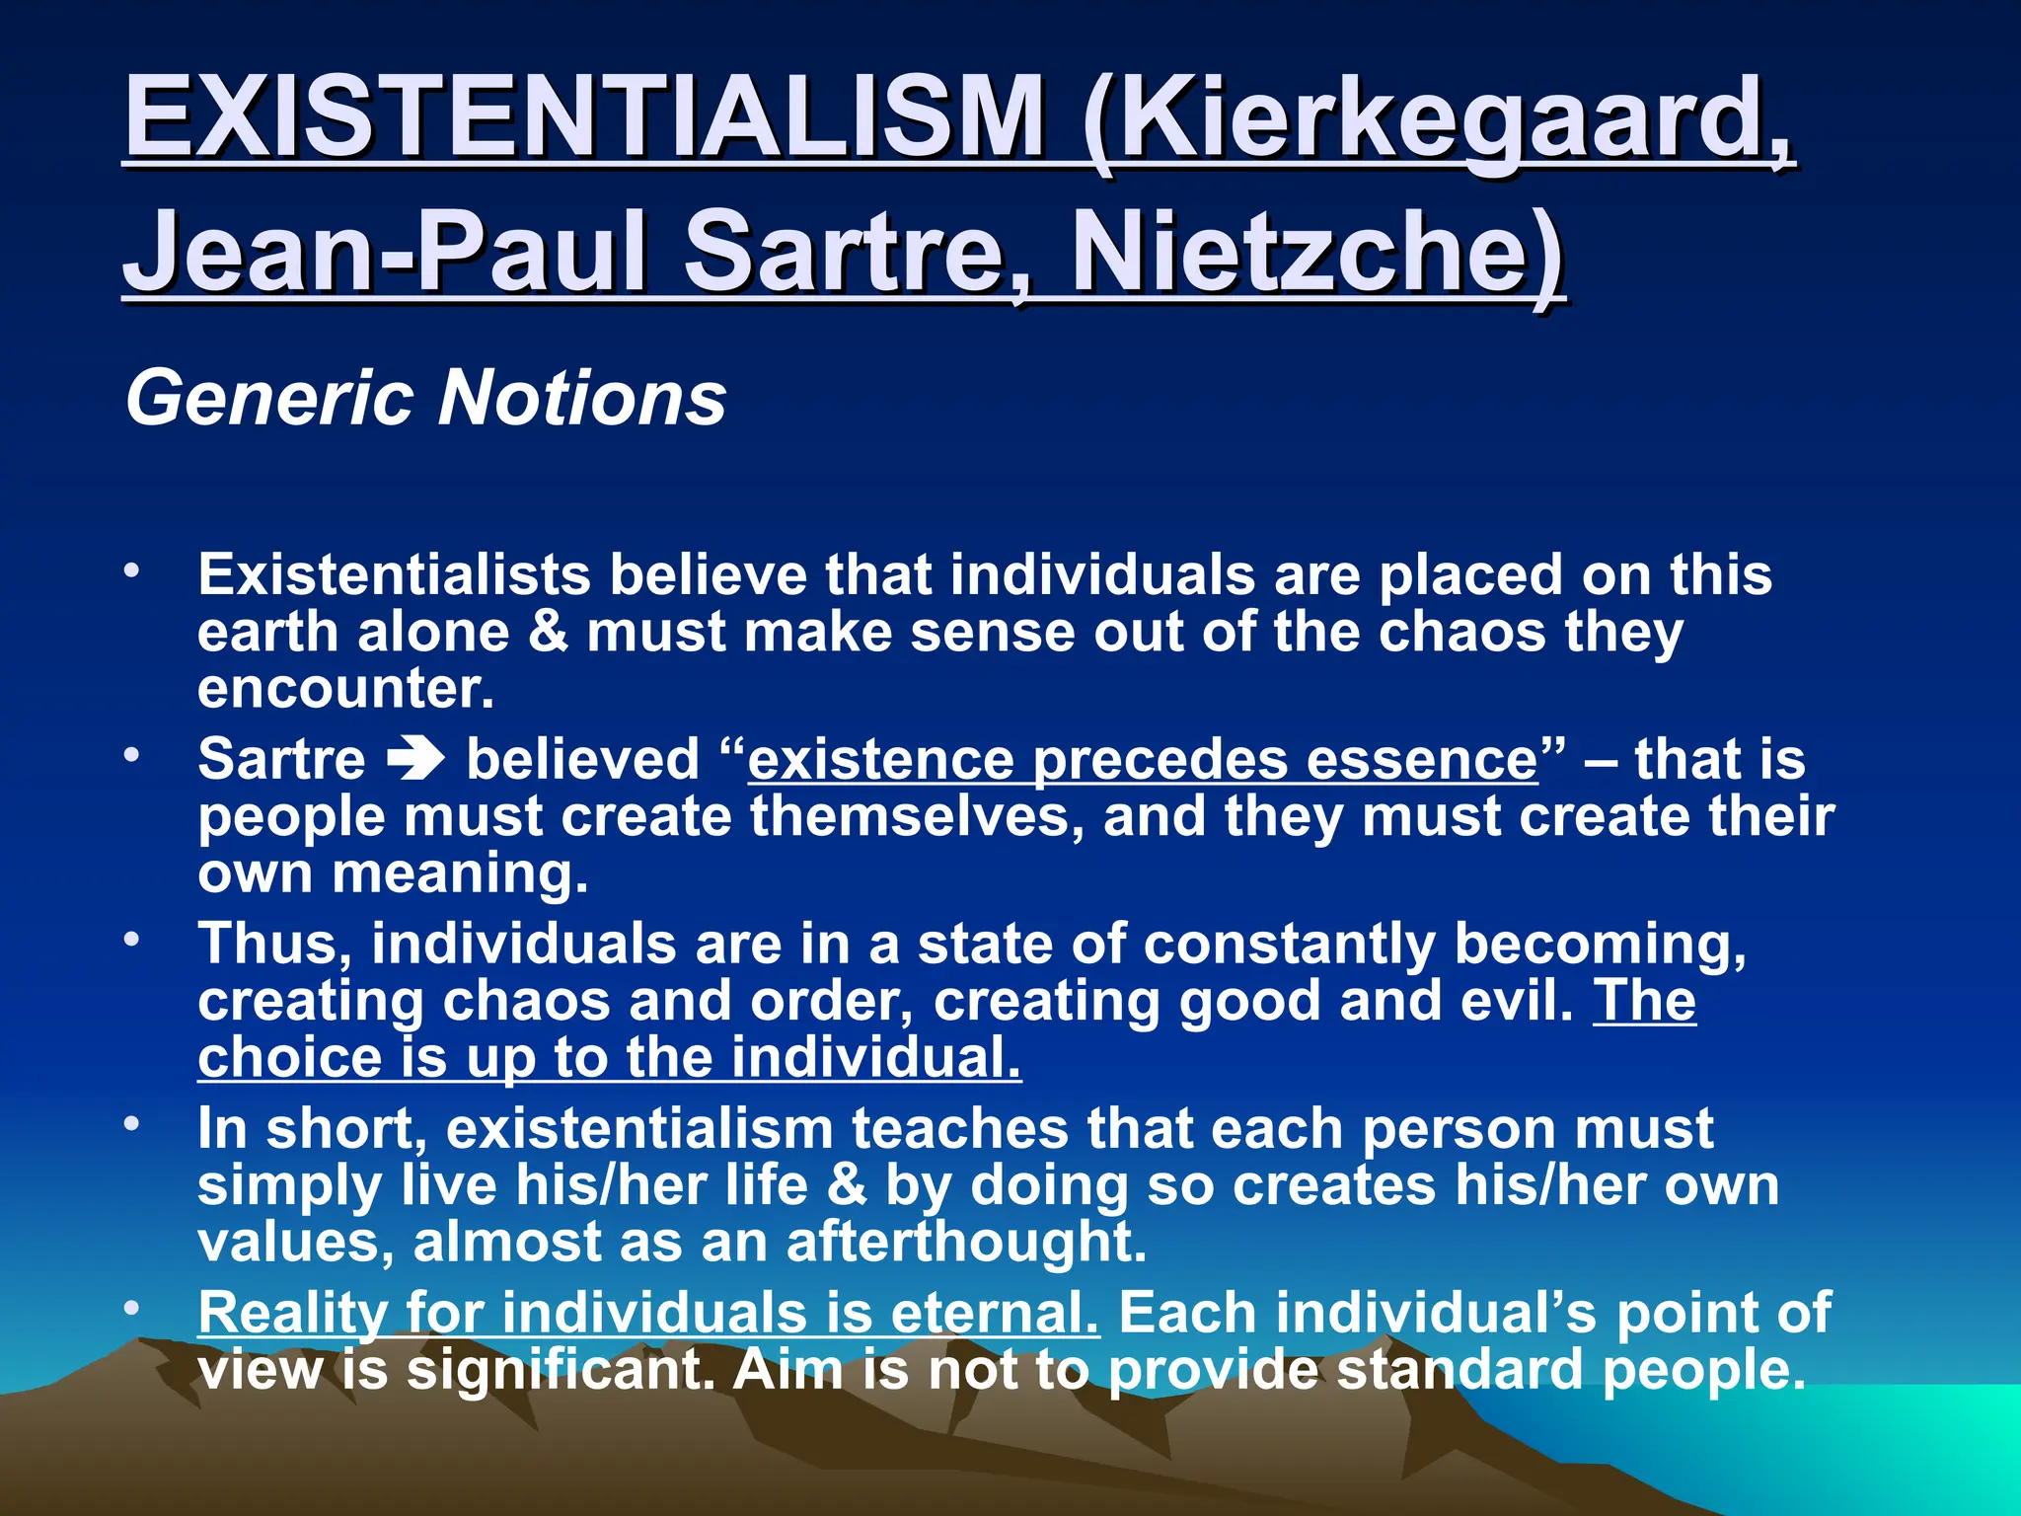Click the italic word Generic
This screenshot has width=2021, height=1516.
click(x=269, y=398)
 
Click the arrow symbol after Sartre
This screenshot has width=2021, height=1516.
click(x=415, y=760)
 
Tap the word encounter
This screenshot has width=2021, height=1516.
click(x=345, y=688)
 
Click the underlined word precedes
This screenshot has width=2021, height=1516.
click(x=1159, y=760)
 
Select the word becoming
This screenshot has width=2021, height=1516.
click(x=1600, y=944)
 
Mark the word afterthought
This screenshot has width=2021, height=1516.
click(x=967, y=1242)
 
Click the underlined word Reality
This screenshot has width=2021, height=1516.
click(x=293, y=1314)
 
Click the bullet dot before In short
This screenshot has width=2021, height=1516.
click(x=131, y=1124)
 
